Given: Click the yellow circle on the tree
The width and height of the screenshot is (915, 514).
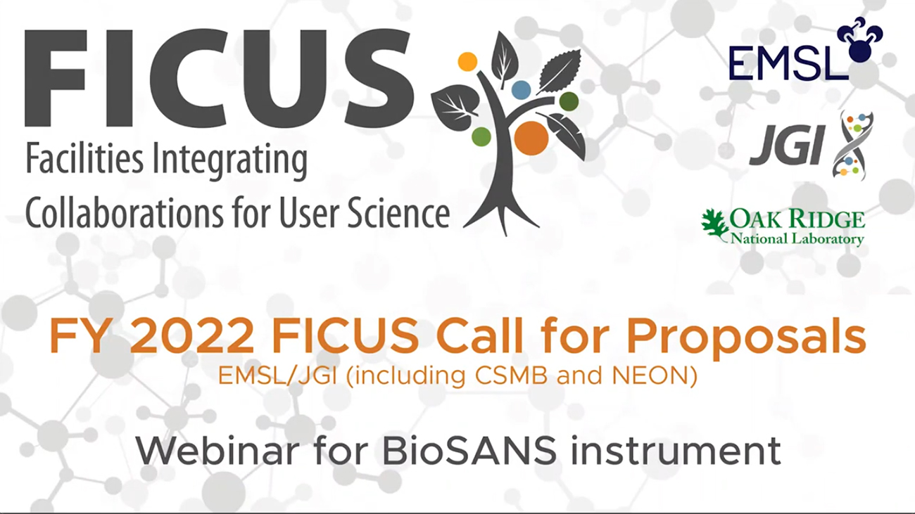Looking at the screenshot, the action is point(468,62).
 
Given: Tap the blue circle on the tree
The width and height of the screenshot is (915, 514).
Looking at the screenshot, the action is point(522,90).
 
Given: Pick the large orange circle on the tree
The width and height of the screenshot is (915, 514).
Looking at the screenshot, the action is point(531,139).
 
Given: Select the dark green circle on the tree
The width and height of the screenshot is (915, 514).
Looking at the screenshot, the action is point(569,101).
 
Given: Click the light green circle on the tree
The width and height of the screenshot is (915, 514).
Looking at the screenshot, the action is point(481,136).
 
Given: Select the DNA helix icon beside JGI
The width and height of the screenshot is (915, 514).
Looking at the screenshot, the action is point(852,146).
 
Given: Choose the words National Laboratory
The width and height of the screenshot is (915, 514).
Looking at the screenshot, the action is point(797,238).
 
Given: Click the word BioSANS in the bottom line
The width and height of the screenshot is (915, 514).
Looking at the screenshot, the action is point(469,451).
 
